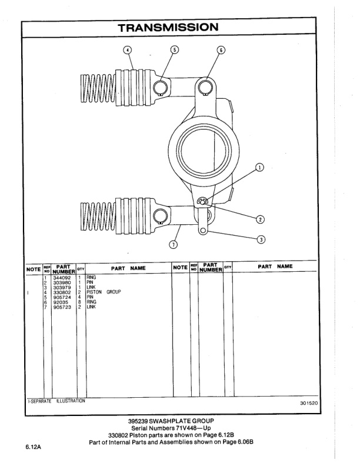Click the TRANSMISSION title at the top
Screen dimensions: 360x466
click(168, 27)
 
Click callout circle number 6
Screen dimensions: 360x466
click(221, 49)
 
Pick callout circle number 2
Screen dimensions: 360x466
click(260, 219)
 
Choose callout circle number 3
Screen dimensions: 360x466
click(261, 239)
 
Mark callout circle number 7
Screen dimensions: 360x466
click(173, 244)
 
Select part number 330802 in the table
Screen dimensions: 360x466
click(62, 292)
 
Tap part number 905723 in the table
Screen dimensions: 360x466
click(62, 307)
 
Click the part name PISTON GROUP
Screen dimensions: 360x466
click(104, 292)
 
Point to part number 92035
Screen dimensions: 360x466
click(60, 302)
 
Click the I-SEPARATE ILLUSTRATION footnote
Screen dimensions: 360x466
click(56, 401)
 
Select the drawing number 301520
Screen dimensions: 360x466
click(308, 404)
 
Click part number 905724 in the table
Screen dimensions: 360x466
click(62, 297)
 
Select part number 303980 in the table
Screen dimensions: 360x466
click(62, 282)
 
